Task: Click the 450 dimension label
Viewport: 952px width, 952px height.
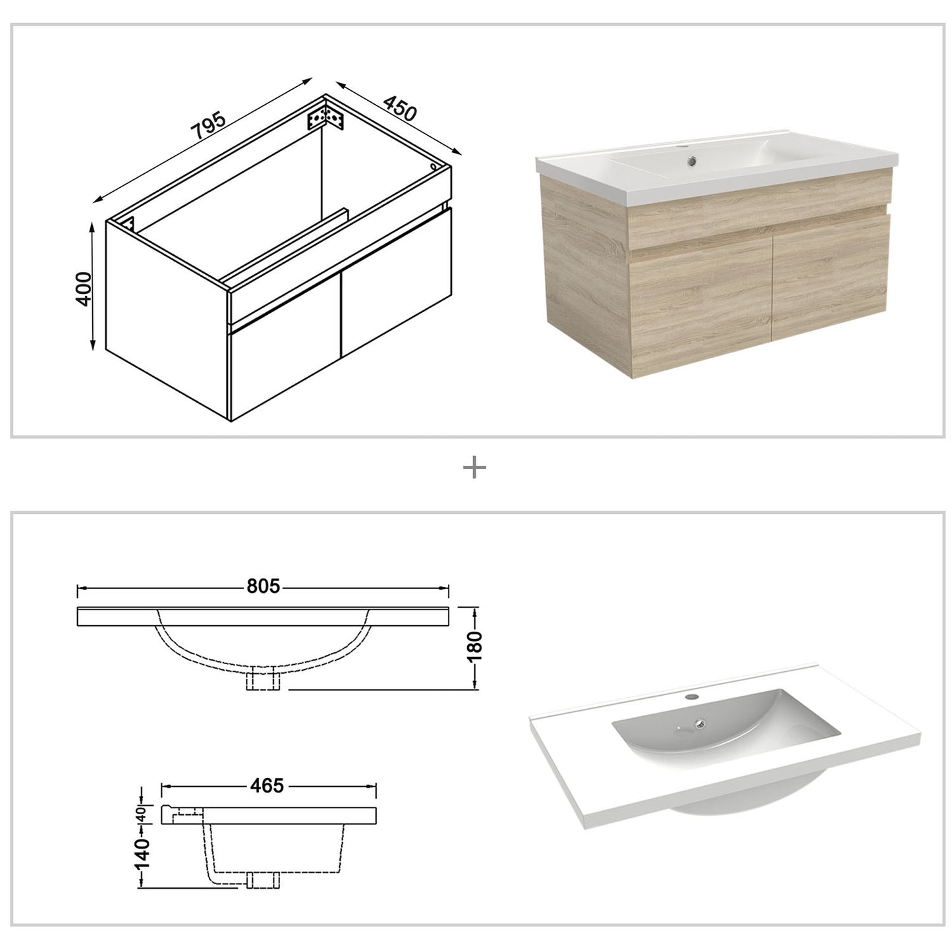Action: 400,109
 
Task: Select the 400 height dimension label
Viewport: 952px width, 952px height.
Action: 84,287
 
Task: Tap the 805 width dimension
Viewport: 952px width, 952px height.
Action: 264,586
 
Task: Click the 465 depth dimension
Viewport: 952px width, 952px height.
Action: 267,785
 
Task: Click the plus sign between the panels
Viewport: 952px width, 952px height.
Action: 474,468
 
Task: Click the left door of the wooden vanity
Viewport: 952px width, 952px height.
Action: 700,316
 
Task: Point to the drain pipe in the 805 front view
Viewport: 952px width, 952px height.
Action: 263,679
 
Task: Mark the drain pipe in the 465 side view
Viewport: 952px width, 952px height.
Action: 263,880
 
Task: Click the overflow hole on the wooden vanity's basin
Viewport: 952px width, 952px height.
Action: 691,159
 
